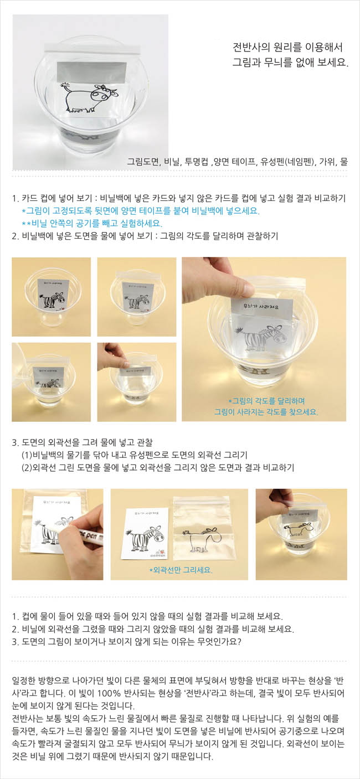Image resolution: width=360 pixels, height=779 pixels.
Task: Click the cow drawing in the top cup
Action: (90, 98)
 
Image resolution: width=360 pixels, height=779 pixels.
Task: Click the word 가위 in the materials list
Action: (328, 161)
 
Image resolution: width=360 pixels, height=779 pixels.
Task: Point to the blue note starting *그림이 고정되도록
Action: (141, 211)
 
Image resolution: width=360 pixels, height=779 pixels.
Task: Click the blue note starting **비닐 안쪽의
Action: (92, 223)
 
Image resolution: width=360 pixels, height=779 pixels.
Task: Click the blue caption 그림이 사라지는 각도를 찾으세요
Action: (266, 412)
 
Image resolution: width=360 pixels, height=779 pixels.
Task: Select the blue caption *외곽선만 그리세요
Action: (181, 570)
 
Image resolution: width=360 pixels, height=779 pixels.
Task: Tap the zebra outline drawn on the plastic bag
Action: (200, 540)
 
